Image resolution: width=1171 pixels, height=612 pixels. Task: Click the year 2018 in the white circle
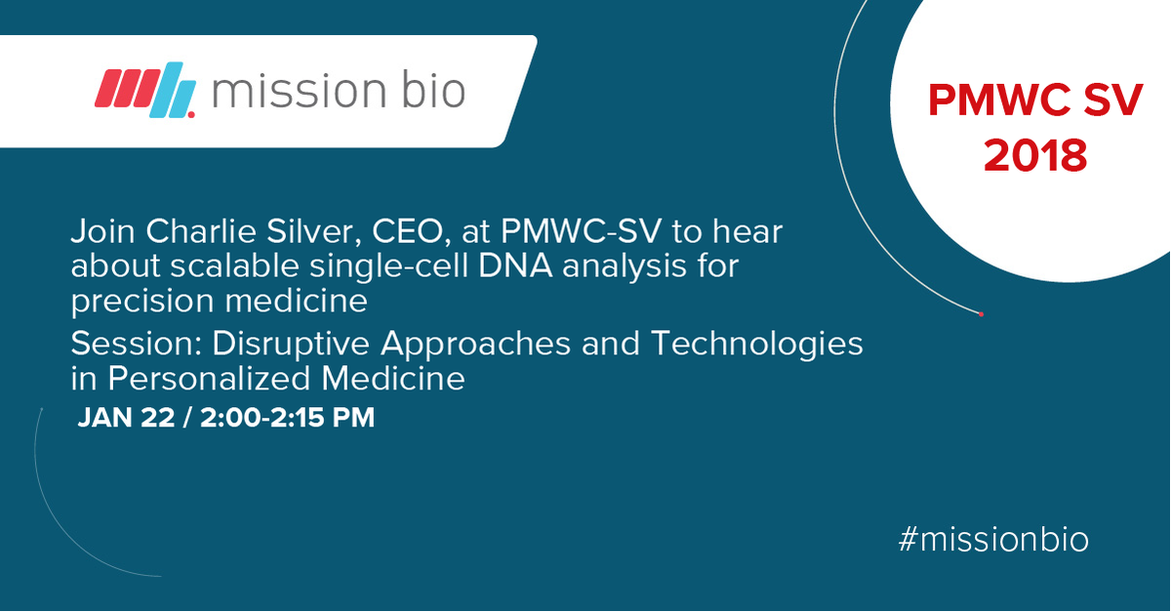(x=1034, y=155)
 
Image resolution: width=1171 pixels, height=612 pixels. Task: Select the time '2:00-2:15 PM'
(x=287, y=418)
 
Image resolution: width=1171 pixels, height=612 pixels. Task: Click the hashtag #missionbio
(x=992, y=539)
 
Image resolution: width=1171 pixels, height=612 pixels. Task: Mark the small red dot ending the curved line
(x=981, y=313)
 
